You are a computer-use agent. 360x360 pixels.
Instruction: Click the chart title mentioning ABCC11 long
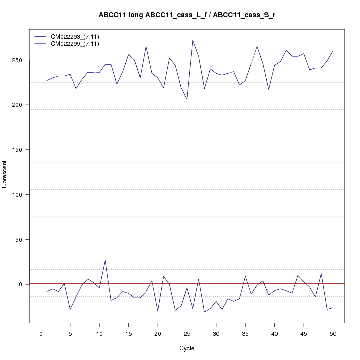click(187, 15)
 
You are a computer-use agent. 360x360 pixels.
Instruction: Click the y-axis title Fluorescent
click(5, 176)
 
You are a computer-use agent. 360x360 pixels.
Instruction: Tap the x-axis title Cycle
click(187, 348)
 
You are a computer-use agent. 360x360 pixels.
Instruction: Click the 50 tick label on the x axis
click(333, 334)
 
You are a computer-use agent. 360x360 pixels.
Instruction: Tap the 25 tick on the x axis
click(187, 334)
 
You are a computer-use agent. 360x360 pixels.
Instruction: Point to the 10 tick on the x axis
click(99, 334)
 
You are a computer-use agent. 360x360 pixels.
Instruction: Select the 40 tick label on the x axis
click(274, 334)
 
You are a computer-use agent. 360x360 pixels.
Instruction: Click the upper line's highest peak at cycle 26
click(193, 40)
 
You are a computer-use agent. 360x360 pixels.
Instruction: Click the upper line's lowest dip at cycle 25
click(187, 99)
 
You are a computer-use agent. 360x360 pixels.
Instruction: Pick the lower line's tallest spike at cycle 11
click(105, 260)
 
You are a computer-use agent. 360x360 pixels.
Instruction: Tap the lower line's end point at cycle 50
click(333, 307)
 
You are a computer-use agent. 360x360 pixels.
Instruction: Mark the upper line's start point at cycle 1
click(47, 81)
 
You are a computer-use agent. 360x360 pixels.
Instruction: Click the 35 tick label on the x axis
click(245, 334)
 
